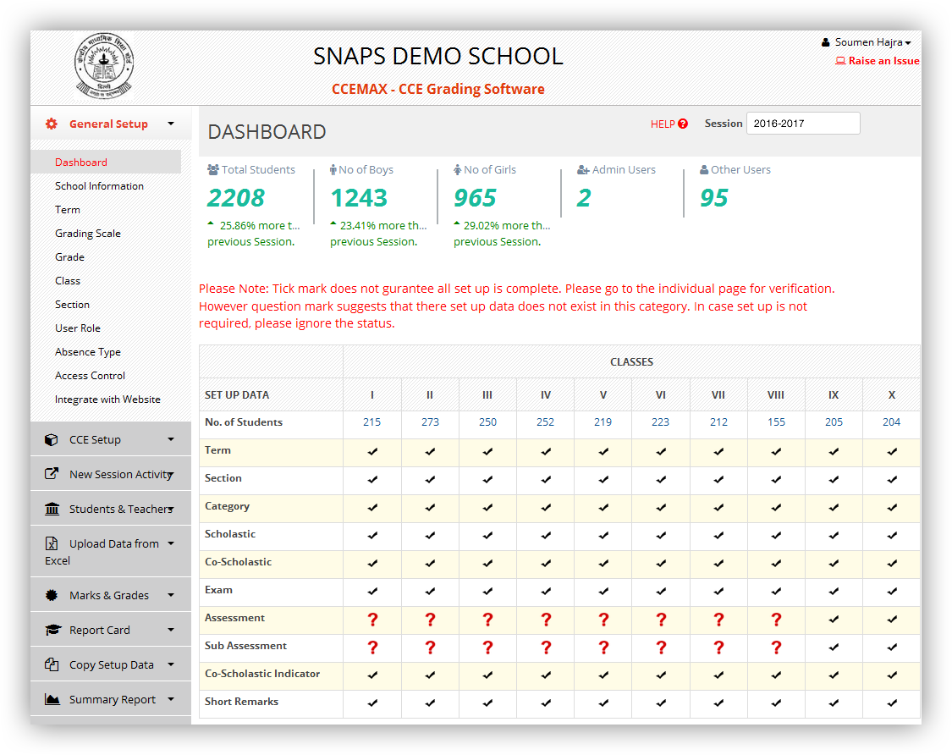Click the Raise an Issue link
point(883,61)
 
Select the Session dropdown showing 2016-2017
point(802,124)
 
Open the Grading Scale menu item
point(88,234)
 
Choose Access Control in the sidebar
point(90,376)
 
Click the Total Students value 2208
point(236,198)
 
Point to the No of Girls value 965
point(475,198)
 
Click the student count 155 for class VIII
point(776,422)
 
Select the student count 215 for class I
point(371,422)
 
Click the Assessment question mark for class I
point(372,620)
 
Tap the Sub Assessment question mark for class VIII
point(776,648)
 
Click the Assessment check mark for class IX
point(834,620)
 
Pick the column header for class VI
point(660,395)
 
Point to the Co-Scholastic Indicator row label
point(262,674)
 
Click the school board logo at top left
point(103,67)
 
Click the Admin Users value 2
point(584,198)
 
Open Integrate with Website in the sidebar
point(107,400)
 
